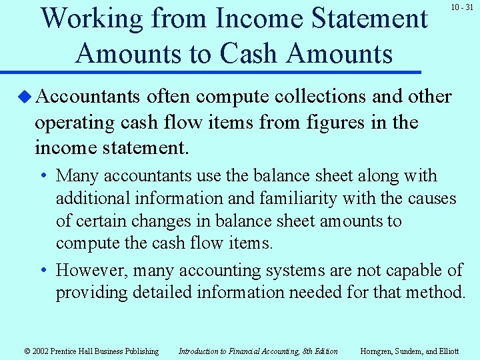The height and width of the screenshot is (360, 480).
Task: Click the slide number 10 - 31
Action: [x=461, y=7]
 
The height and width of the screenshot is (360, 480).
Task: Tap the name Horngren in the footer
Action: [x=378, y=351]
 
